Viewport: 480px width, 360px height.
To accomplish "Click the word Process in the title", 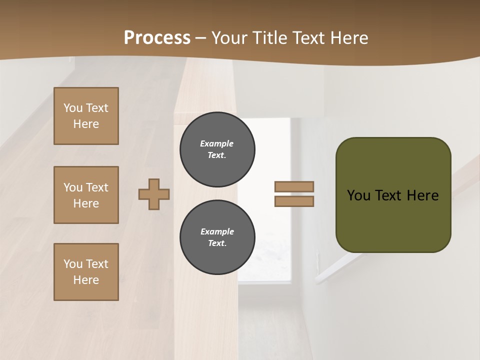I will (x=157, y=38).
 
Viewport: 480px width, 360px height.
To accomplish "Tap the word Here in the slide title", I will (x=347, y=38).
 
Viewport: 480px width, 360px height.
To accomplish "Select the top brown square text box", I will (x=86, y=116).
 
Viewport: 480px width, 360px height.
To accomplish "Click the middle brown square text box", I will (x=86, y=195).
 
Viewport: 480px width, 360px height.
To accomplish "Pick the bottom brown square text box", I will (x=86, y=272).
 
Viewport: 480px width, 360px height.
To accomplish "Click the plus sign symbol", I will (x=154, y=194).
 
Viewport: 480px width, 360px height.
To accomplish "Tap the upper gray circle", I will (x=217, y=149).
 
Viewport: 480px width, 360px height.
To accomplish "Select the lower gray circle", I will (x=217, y=237).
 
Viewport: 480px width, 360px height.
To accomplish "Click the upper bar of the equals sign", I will (x=294, y=186).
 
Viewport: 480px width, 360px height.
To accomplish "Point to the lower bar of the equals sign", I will (x=294, y=201).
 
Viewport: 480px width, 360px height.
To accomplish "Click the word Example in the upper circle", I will (x=217, y=143).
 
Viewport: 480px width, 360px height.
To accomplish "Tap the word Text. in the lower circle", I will (x=217, y=243).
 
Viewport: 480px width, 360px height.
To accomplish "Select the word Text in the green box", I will (x=388, y=195).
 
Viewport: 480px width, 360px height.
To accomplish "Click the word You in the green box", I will (x=358, y=195).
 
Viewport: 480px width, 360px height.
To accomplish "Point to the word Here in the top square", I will (x=86, y=124).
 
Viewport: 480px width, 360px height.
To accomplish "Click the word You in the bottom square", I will (x=73, y=264).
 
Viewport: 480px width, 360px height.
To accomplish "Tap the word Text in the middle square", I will (x=97, y=187).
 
